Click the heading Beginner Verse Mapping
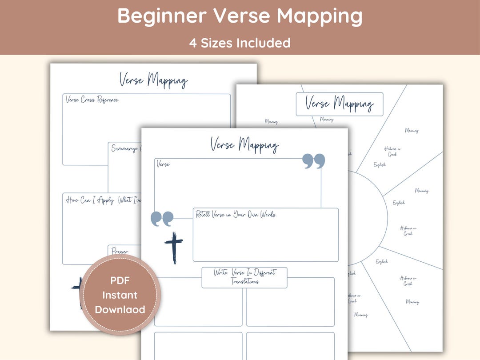point(240,16)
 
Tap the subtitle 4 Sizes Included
point(240,43)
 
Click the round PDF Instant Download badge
point(120,295)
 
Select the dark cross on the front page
point(174,247)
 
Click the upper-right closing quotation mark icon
point(314,161)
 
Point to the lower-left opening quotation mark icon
point(162,218)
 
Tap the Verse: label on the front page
point(164,164)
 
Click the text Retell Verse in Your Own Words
point(236,215)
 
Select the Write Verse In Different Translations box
point(244,277)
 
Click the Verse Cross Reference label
point(92,100)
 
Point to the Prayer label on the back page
point(120,252)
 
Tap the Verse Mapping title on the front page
point(244,144)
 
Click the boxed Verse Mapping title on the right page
point(339,104)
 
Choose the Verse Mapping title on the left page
point(153,80)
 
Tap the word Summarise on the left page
point(125,148)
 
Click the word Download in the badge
point(120,309)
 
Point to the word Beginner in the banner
point(162,16)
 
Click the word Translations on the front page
point(244,282)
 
